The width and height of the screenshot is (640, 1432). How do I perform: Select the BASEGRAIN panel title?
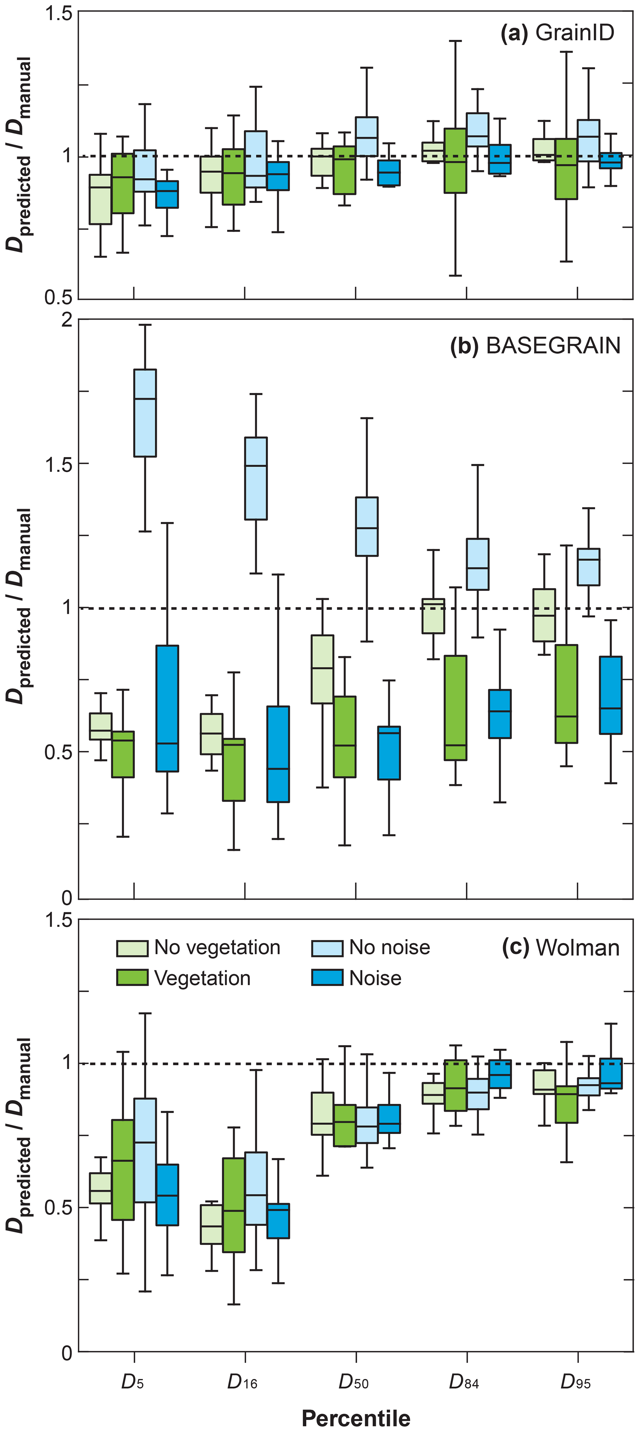click(535, 346)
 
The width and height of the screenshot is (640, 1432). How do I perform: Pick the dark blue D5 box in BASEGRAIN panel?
click(168, 708)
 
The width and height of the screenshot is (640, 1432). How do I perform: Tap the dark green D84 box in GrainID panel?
click(455, 161)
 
